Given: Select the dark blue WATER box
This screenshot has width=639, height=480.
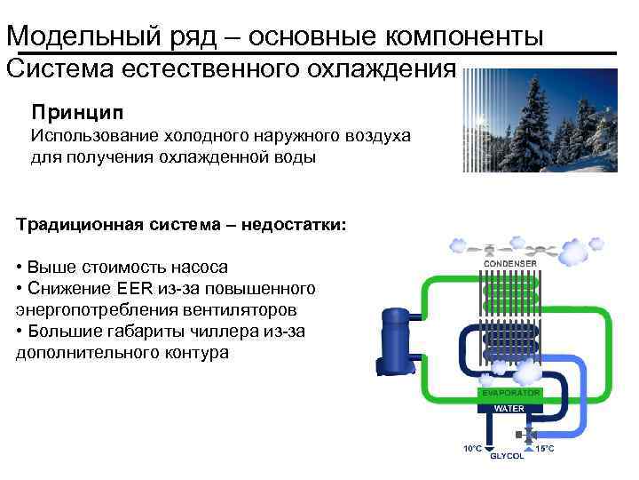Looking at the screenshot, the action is point(509,408).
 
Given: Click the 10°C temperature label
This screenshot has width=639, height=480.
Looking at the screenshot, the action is point(473,448).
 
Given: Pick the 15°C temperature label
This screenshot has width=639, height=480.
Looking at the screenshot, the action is point(545,448).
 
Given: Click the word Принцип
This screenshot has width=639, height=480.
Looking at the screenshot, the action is point(78,113).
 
